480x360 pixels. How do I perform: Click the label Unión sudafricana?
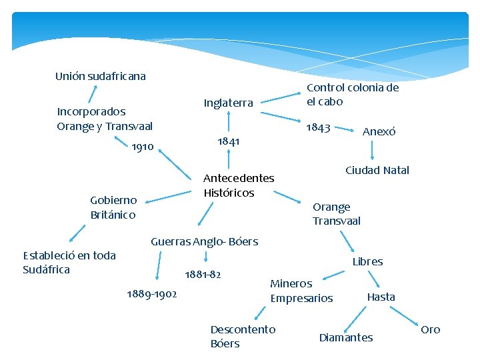tap(100, 76)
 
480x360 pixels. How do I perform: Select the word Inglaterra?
tap(228, 103)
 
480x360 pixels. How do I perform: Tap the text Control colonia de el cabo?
tap(352, 95)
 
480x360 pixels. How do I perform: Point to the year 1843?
tap(318, 127)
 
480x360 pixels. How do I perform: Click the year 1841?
tap(229, 141)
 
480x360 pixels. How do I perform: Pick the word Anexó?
tap(379, 132)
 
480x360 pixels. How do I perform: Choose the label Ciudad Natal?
tap(377, 170)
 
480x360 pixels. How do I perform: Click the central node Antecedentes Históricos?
tap(238, 185)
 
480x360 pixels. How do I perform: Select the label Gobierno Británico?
tap(113, 207)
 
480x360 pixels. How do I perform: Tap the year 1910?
tap(142, 147)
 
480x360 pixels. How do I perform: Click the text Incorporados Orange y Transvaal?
tap(105, 119)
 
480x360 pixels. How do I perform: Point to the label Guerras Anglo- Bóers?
tap(204, 241)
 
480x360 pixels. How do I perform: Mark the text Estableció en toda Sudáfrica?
tap(69, 262)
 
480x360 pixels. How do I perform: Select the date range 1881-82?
tap(203, 274)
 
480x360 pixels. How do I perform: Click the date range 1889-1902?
tap(151, 294)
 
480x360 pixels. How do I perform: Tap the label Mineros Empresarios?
tap(301, 291)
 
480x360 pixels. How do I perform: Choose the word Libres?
tap(367, 261)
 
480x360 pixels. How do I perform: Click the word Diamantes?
tap(345, 337)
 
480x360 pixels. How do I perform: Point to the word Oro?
tap(430, 329)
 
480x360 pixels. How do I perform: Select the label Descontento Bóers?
tap(242, 336)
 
